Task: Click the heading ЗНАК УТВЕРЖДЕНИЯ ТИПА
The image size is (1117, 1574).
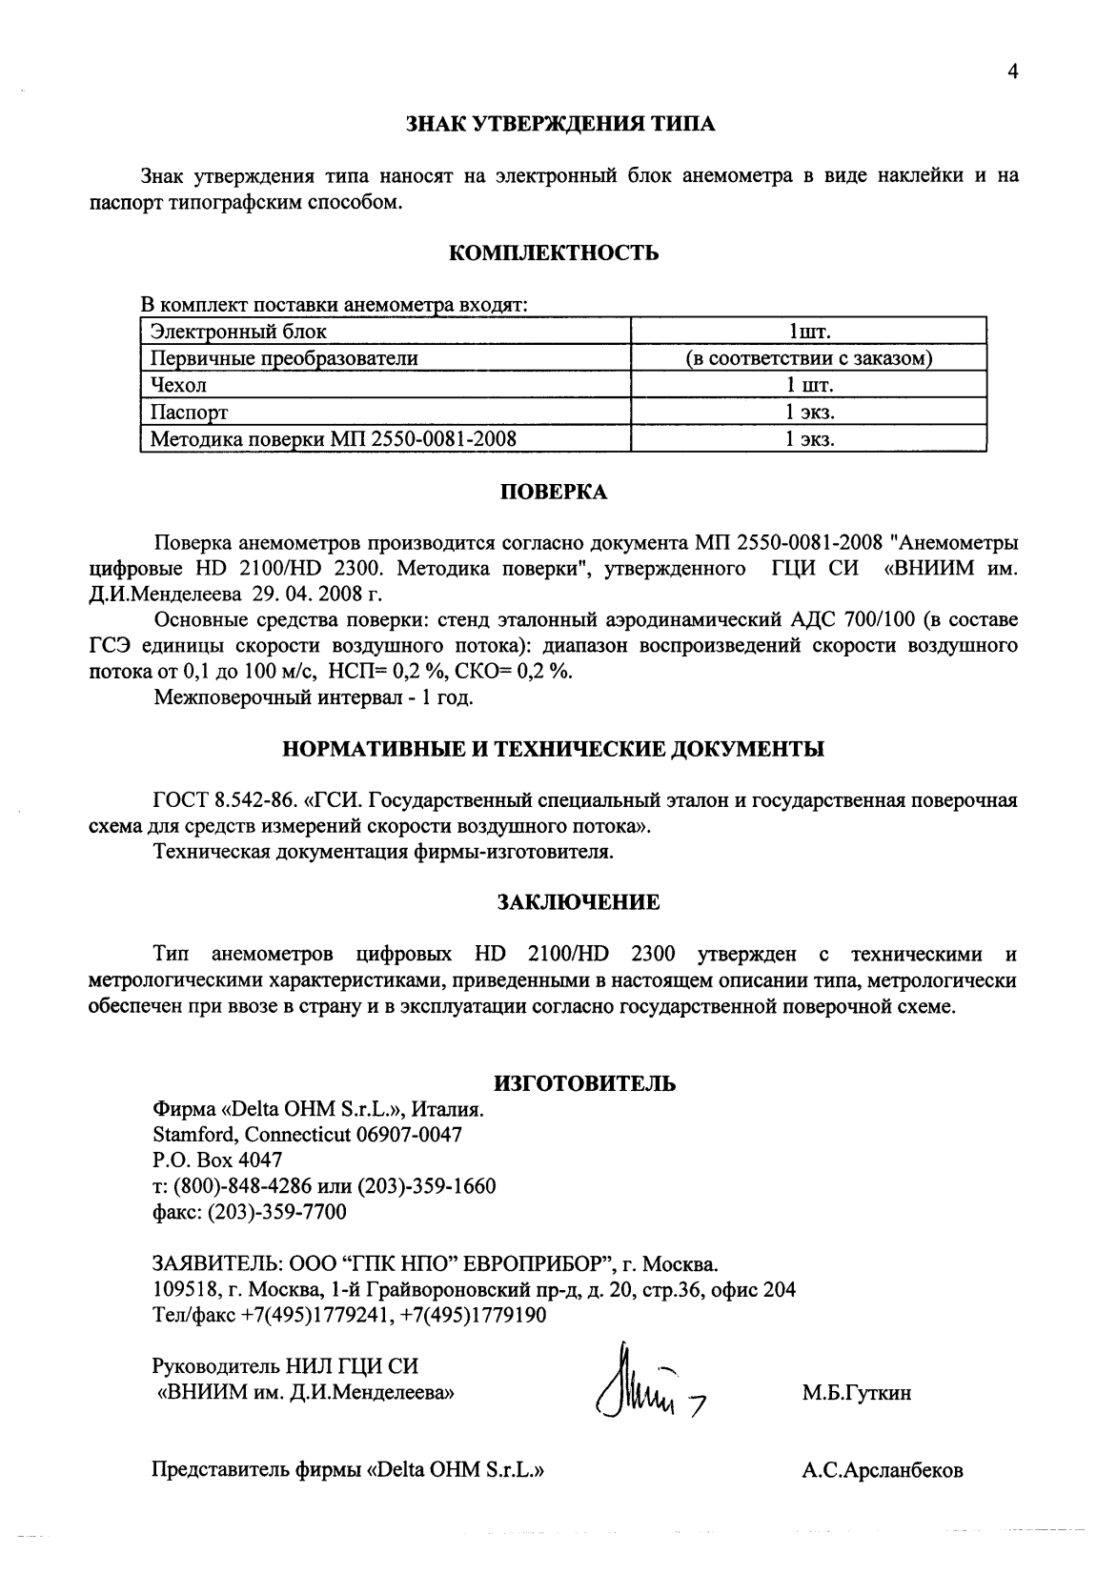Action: (x=559, y=124)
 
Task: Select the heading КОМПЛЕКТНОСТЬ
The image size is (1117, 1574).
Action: (x=553, y=253)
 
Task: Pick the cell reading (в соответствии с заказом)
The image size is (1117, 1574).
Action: (x=808, y=358)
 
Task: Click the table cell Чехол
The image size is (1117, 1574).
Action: (x=179, y=385)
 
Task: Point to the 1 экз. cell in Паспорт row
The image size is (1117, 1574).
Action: (x=808, y=413)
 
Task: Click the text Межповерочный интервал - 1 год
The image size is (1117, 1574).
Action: (x=314, y=698)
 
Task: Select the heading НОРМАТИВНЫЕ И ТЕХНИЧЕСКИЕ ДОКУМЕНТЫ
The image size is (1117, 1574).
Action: (x=554, y=749)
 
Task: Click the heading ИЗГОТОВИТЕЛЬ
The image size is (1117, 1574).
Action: (x=585, y=1083)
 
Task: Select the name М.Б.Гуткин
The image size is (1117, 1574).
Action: (x=856, y=1394)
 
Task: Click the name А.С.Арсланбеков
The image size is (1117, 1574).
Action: (x=882, y=1470)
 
